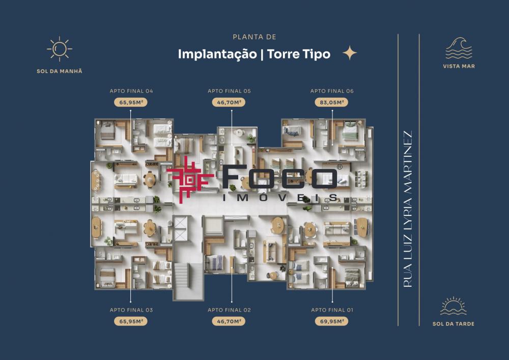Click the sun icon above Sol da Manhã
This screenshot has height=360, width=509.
click(60, 49)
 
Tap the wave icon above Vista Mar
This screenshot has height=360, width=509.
click(459, 48)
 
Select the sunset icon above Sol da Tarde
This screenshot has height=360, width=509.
click(453, 306)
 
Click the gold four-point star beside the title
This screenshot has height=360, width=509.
click(350, 53)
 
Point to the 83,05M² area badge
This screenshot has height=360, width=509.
click(331, 102)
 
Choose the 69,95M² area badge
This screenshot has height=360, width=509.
click(331, 321)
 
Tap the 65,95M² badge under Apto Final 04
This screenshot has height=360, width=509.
click(131, 102)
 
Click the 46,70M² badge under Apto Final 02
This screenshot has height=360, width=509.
click(229, 321)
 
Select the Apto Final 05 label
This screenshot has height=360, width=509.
click(229, 91)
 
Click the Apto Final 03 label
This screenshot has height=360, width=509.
click(131, 310)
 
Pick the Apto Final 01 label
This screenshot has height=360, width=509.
click(332, 310)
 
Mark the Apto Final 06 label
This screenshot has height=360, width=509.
click(332, 91)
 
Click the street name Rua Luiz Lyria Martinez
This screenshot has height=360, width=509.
click(407, 209)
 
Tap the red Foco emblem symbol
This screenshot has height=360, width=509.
click(190, 180)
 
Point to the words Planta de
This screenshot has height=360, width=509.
click(254, 37)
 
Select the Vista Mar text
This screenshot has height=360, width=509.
click(459, 66)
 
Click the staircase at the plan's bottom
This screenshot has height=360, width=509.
click(188, 281)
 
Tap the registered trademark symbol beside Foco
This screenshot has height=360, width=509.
click(339, 167)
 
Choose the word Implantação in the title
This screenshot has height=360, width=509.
click(217, 54)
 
